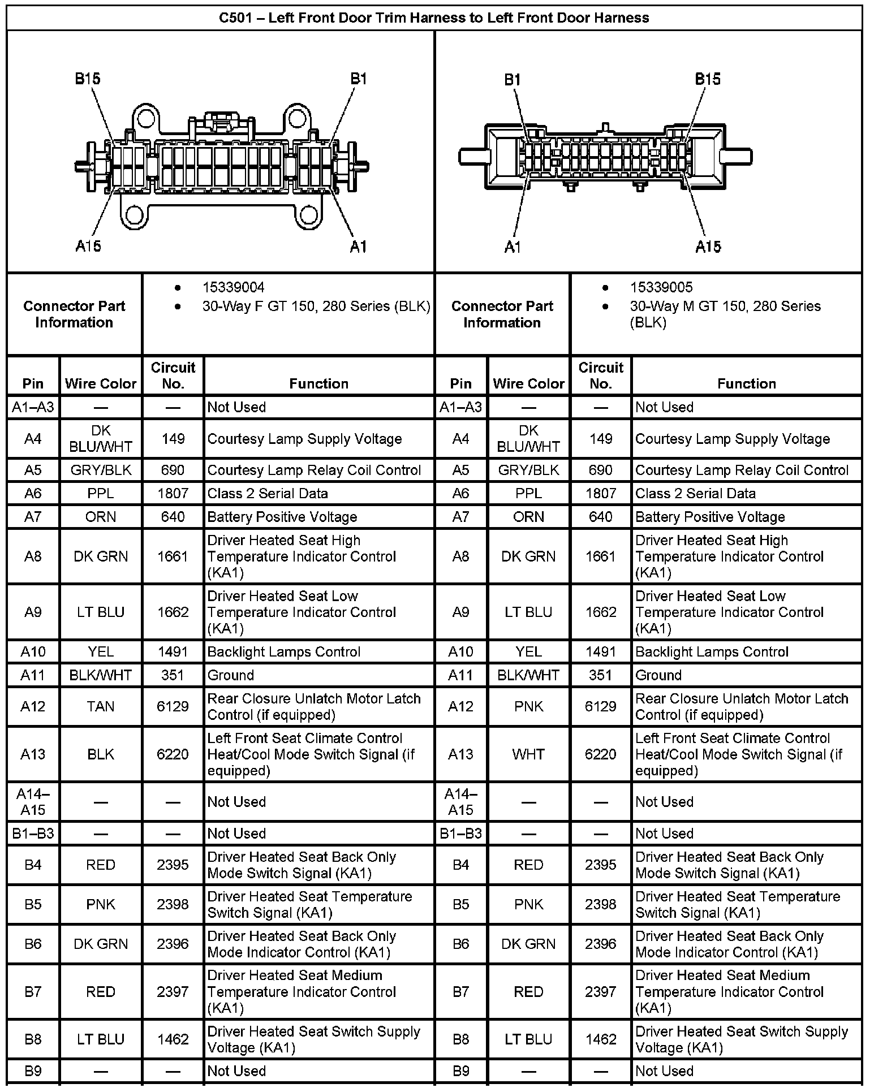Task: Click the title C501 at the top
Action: click(x=433, y=18)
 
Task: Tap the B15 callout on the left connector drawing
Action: click(x=88, y=78)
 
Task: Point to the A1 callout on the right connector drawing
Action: click(x=513, y=247)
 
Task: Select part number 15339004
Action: click(x=233, y=287)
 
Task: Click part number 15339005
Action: click(x=661, y=287)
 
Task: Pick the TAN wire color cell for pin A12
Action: click(x=101, y=706)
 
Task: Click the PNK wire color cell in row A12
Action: click(x=528, y=706)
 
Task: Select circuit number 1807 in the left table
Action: click(x=173, y=493)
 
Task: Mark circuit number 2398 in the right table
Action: click(x=600, y=904)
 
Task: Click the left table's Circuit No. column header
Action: click(x=173, y=375)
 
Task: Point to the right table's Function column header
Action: click(x=746, y=383)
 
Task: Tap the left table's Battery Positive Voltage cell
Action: click(x=282, y=517)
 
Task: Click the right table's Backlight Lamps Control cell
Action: click(x=711, y=651)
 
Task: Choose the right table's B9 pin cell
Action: click(x=460, y=1070)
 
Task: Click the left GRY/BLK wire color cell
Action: click(x=101, y=470)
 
